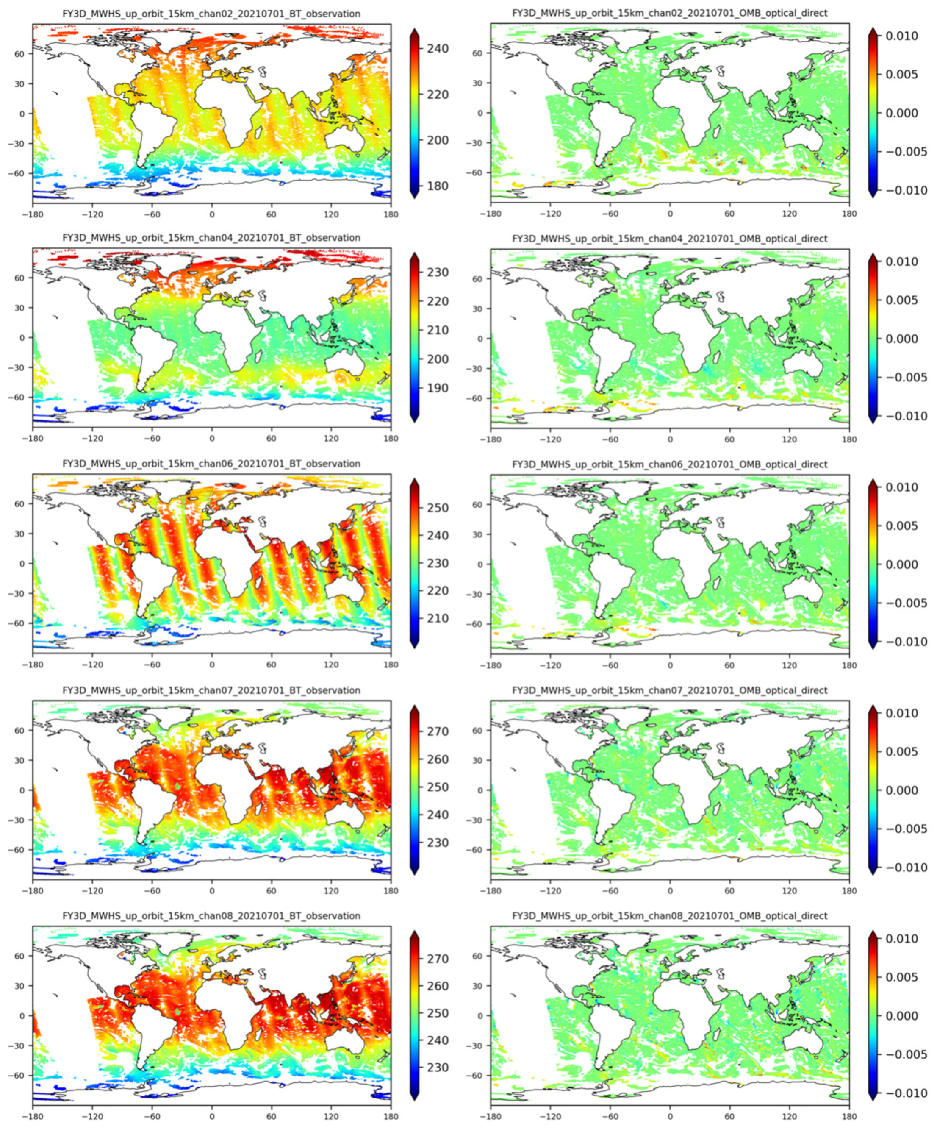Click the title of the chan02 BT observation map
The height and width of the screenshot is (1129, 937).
(211, 14)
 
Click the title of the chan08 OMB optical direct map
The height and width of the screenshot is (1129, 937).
(669, 915)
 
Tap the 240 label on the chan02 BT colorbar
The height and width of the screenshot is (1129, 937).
(437, 48)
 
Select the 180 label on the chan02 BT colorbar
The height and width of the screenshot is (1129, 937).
(437, 186)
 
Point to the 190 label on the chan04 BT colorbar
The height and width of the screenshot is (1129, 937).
(437, 388)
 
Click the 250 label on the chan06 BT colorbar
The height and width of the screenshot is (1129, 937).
(437, 508)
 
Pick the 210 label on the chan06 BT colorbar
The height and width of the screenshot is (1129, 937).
(437, 618)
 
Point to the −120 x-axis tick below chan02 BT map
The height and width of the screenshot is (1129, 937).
(92, 214)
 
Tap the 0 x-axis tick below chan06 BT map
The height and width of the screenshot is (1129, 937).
(212, 665)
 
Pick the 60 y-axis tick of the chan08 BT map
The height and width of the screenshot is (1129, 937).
(22, 956)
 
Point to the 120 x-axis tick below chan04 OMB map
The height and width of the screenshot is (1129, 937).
(789, 439)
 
